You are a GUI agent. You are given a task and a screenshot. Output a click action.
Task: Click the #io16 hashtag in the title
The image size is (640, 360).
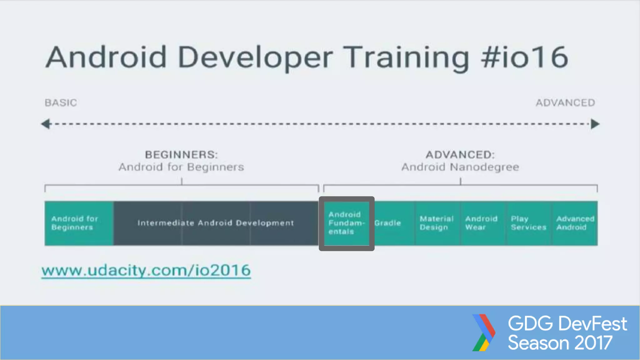[524, 57]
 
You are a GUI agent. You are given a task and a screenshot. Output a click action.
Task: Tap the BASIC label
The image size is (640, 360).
[61, 102]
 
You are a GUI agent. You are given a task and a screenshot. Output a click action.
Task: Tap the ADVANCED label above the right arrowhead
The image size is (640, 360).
[565, 102]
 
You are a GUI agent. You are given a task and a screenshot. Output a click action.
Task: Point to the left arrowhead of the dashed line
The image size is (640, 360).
[46, 124]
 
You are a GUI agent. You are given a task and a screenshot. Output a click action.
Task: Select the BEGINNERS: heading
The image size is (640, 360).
[181, 154]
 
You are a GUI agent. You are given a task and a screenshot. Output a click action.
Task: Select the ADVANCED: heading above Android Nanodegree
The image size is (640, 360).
[460, 154]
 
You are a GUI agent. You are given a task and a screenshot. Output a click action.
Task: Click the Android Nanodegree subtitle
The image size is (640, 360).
[460, 167]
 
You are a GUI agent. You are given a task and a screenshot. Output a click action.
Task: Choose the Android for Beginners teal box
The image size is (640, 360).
[79, 223]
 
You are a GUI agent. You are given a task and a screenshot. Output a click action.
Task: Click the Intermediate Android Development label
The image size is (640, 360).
[216, 223]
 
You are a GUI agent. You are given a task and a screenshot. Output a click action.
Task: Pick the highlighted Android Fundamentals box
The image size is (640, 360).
[346, 223]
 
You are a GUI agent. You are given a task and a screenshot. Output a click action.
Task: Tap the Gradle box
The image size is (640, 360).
[392, 223]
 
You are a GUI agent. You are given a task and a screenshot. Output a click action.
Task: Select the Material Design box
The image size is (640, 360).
[437, 223]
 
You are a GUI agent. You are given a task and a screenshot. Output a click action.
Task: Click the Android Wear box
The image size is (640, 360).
[482, 223]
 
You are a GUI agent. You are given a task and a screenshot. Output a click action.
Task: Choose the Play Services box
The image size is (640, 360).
[528, 223]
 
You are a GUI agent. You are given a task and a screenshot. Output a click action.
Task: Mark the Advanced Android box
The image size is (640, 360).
[574, 223]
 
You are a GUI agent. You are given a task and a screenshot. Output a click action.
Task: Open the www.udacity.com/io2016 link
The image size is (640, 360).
[146, 270]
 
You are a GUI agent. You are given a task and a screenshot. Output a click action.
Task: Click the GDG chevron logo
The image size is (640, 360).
[483, 332]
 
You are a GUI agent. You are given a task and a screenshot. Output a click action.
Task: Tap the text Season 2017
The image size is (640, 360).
[560, 343]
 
